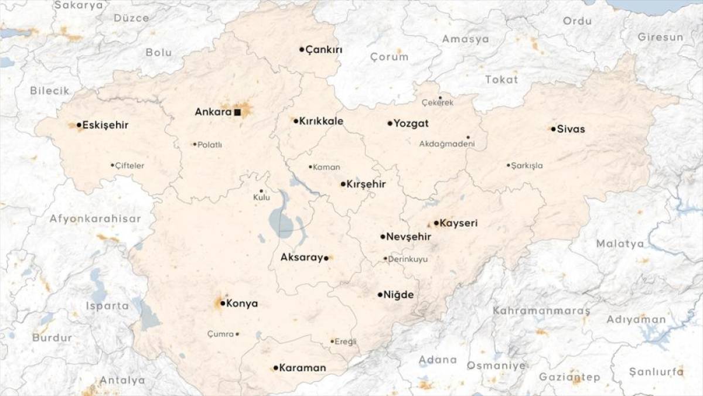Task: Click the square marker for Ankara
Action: click(237, 112)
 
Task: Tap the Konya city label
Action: click(242, 303)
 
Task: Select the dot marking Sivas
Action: click(553, 129)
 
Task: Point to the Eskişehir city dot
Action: click(79, 125)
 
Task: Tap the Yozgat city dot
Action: click(390, 124)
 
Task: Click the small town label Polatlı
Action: click(210, 145)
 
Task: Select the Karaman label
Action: click(302, 368)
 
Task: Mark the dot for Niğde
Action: click(380, 295)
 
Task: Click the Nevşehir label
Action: click(409, 237)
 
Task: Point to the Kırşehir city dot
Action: click(343, 184)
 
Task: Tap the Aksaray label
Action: click(302, 257)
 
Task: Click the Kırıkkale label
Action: click(321, 121)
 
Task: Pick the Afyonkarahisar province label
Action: click(95, 219)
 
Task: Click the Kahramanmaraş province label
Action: click(541, 310)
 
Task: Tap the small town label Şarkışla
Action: click(527, 166)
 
